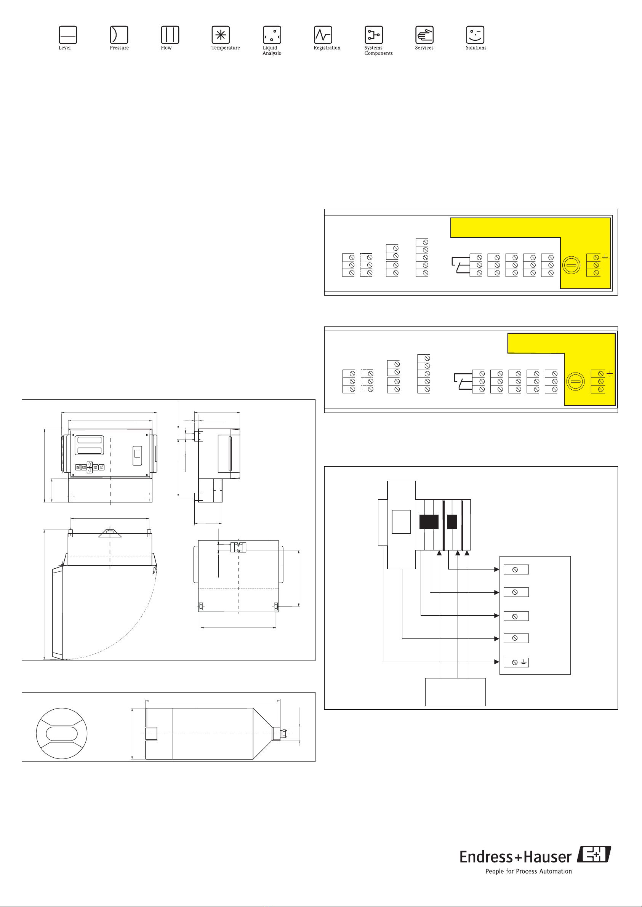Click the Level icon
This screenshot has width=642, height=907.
click(67, 35)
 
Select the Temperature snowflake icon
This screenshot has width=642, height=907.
click(221, 35)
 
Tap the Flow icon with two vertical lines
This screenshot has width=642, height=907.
click(170, 35)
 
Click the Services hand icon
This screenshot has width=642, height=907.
click(424, 35)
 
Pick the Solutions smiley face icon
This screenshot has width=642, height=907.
click(475, 35)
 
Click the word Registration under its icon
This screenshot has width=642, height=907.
click(327, 48)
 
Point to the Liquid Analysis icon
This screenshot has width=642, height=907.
click(272, 35)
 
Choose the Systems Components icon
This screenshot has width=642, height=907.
click(373, 35)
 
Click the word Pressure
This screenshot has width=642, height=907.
click(119, 48)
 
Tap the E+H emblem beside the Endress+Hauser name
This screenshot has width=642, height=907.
click(594, 854)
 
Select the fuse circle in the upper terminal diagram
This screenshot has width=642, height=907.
click(571, 265)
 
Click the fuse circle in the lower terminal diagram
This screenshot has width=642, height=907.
click(576, 382)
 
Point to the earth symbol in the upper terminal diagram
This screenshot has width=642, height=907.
click(605, 258)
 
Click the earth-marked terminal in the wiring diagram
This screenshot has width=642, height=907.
click(516, 662)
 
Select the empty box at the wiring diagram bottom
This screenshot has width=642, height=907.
click(455, 692)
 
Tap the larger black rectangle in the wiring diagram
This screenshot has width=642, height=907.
click(429, 521)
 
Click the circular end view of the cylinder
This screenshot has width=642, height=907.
click(62, 734)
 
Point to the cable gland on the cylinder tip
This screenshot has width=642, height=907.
click(283, 734)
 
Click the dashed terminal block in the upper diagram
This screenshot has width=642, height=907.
click(366, 265)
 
